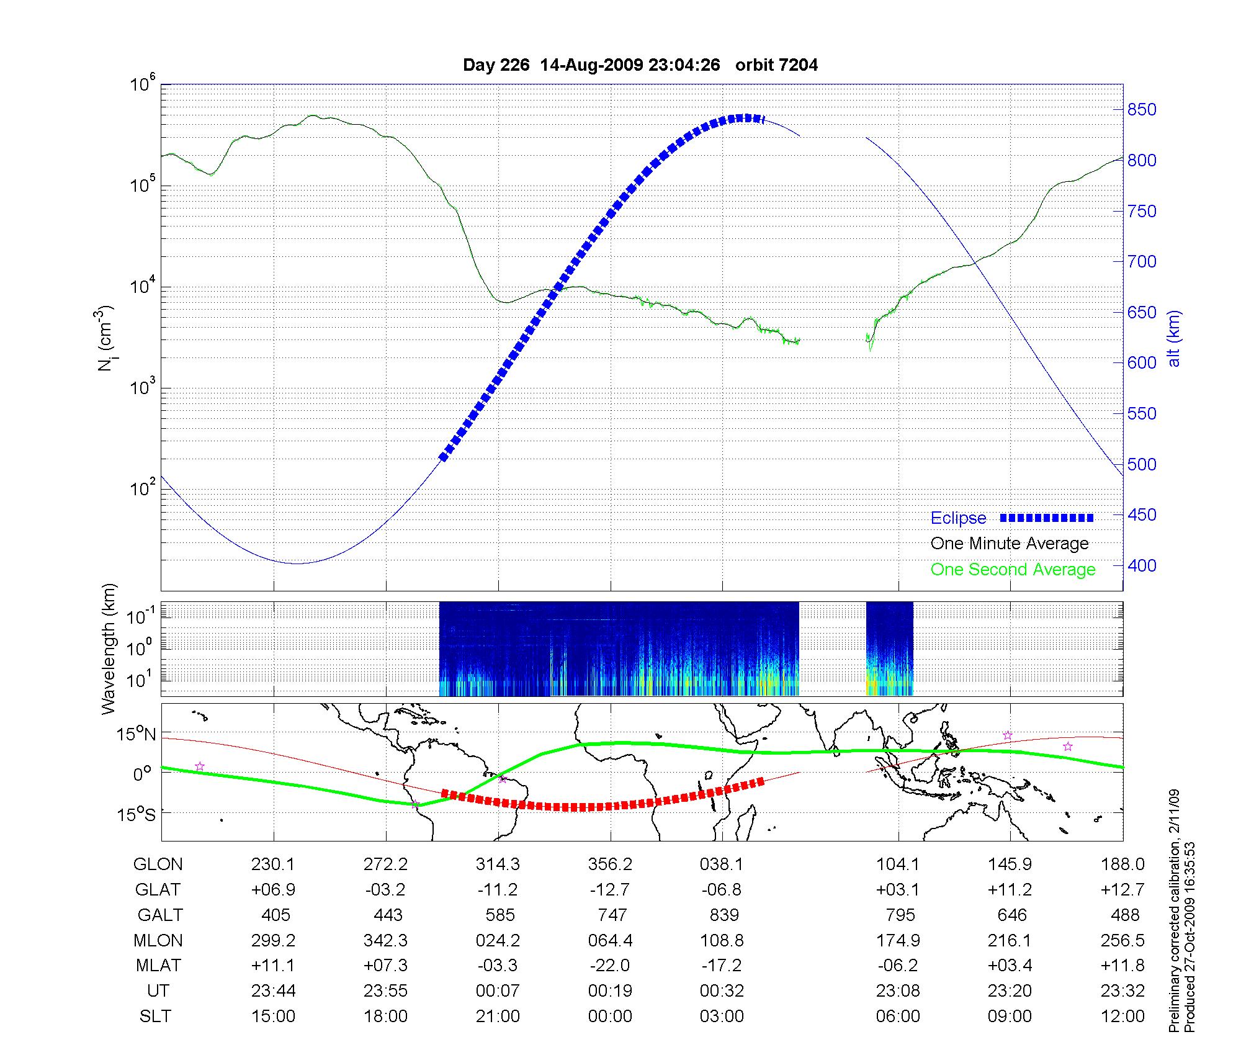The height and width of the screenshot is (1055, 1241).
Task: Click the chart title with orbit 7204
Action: click(640, 65)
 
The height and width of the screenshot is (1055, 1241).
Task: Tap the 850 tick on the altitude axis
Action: click(1142, 110)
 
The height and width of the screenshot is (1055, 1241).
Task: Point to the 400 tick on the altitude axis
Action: click(1142, 565)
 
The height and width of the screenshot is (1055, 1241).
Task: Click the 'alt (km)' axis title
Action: click(1174, 338)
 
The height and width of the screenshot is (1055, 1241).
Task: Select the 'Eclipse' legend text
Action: click(958, 518)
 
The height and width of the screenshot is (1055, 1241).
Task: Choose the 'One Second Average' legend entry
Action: click(1013, 570)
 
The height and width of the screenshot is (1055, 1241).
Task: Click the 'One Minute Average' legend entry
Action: click(1010, 544)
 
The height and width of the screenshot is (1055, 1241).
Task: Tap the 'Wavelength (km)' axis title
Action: click(109, 649)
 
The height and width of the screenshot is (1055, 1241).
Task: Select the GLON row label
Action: click(158, 864)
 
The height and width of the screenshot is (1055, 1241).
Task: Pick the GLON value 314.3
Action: click(498, 864)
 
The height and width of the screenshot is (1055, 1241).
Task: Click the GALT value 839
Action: click(724, 915)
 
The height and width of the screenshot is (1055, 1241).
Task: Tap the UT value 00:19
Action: click(610, 991)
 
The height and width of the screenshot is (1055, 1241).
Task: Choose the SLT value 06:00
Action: click(898, 1017)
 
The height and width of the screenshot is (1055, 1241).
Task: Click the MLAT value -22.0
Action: click(610, 966)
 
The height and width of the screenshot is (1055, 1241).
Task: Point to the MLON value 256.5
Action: click(1122, 941)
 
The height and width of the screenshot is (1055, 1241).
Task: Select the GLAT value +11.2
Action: click(1010, 890)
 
